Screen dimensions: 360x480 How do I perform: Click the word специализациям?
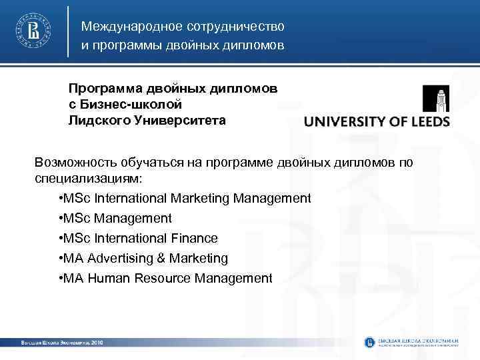[x=87, y=179]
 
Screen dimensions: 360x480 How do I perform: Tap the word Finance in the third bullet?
[x=194, y=238]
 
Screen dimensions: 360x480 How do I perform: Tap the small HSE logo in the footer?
[x=370, y=342]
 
